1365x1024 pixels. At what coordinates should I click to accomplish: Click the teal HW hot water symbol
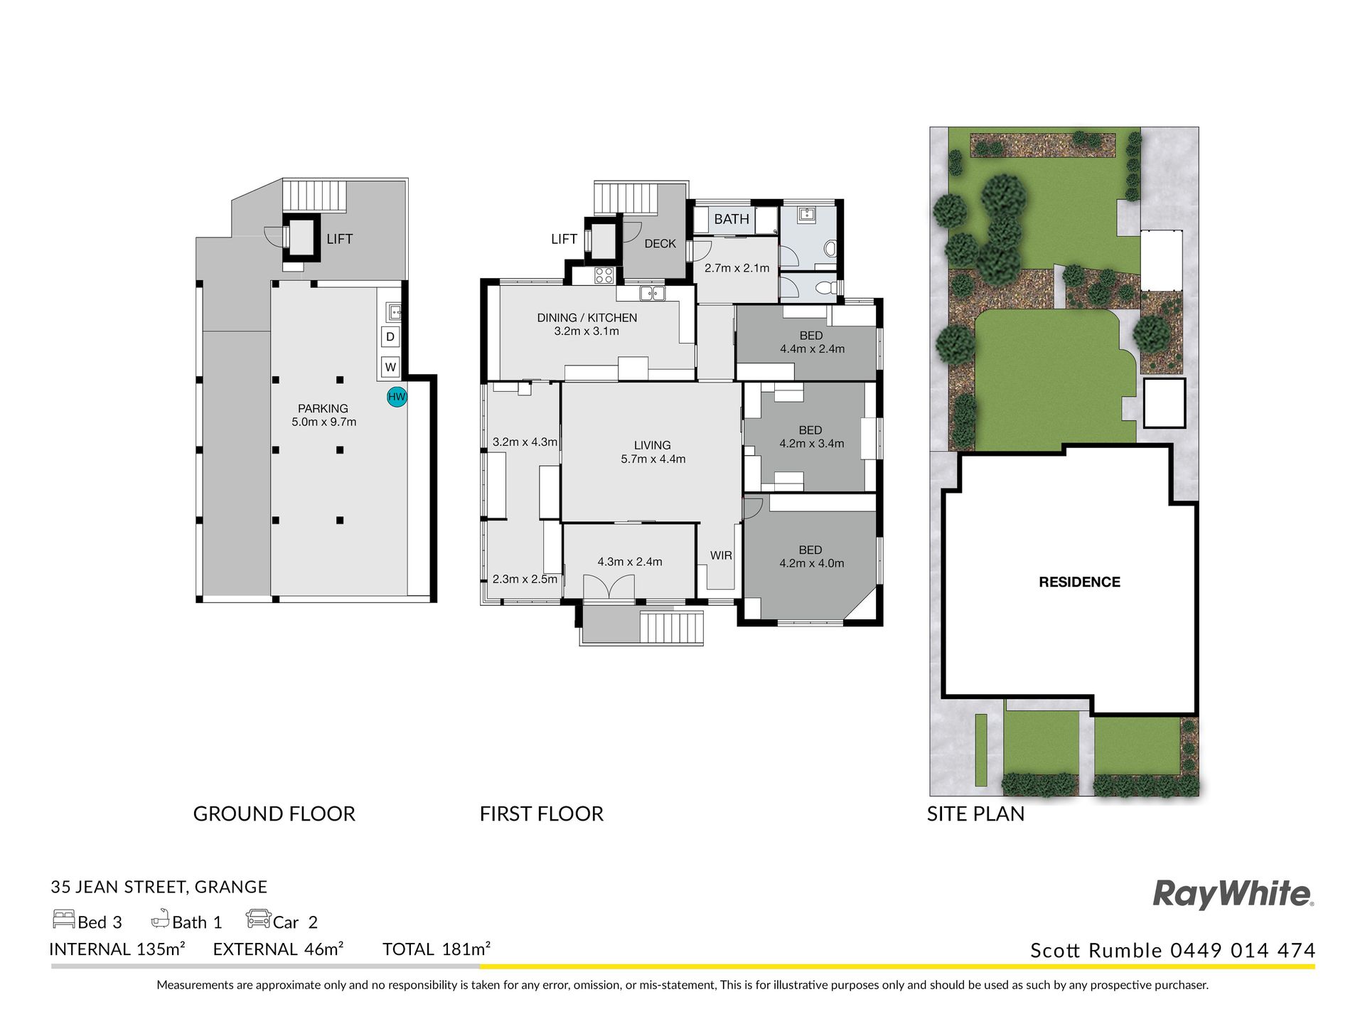(x=397, y=397)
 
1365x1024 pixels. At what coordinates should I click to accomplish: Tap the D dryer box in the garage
(x=390, y=336)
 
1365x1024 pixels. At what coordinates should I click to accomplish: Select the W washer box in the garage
(x=390, y=367)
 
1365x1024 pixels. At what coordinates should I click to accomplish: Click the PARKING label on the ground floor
(x=323, y=408)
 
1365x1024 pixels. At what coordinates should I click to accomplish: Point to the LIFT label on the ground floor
(x=340, y=239)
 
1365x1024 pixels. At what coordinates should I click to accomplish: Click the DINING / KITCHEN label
(x=587, y=318)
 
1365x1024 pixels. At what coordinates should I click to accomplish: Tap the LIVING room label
(x=653, y=445)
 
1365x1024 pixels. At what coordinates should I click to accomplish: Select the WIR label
(x=721, y=555)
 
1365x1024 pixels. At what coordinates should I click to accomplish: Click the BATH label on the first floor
(x=732, y=219)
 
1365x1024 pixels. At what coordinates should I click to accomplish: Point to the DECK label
(x=660, y=244)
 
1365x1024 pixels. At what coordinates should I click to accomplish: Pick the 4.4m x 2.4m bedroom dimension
(x=813, y=349)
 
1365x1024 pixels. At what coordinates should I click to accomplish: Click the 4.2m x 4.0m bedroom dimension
(x=812, y=563)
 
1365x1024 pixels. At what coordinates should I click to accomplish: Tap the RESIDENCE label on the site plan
(x=1079, y=582)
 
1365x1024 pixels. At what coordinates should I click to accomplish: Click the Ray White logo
(x=1233, y=895)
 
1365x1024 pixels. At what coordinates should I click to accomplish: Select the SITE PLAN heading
(x=975, y=814)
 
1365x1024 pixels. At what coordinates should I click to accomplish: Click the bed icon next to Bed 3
(x=64, y=919)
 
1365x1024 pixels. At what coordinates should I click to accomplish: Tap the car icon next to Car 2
(x=259, y=919)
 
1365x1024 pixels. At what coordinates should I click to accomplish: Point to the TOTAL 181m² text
(x=437, y=949)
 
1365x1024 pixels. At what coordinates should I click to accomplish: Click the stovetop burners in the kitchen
(x=604, y=275)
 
